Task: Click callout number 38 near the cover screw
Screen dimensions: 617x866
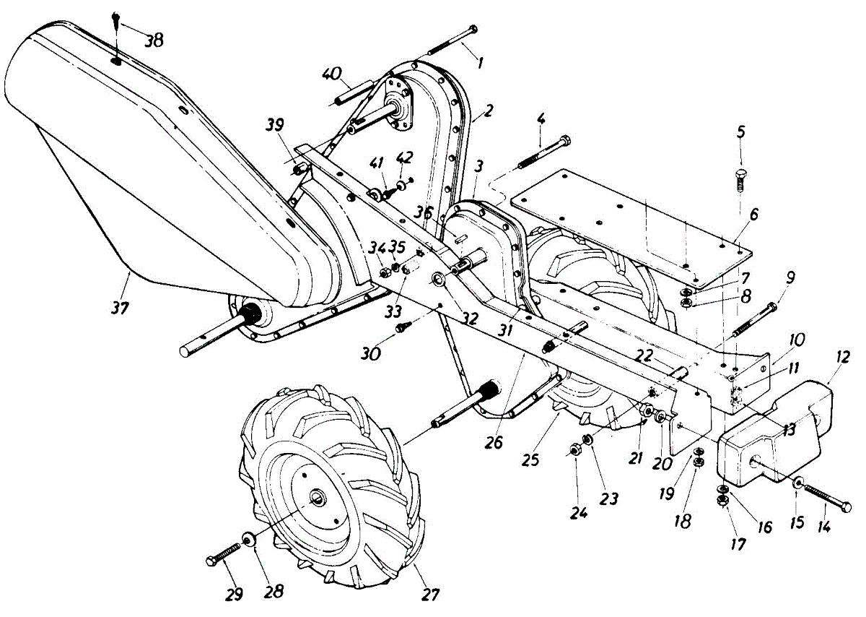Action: click(153, 40)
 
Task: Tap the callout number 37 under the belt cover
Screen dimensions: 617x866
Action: click(120, 307)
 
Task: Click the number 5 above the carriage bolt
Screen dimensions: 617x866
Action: click(740, 132)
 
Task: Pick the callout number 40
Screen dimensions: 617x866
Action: click(331, 74)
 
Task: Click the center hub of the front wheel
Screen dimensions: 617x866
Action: click(318, 498)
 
